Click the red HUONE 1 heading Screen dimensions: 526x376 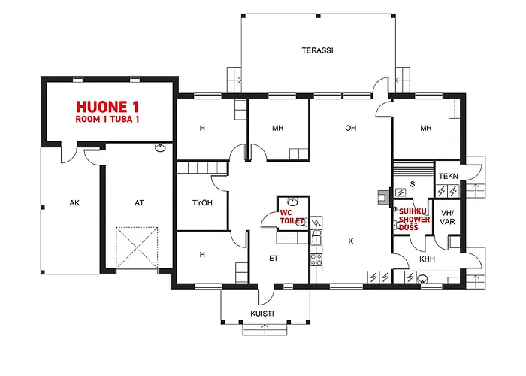pyautogui.click(x=107, y=107)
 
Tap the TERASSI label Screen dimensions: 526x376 pyautogui.click(x=317, y=50)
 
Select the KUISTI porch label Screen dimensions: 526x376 pyautogui.click(x=262, y=314)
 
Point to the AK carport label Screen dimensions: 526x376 pyautogui.click(x=74, y=203)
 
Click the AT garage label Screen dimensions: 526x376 pyautogui.click(x=139, y=203)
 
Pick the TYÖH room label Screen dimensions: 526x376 pyautogui.click(x=202, y=202)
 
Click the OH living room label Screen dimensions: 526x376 pyautogui.click(x=351, y=128)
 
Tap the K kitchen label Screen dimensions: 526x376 pyautogui.click(x=351, y=241)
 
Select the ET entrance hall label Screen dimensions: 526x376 pyautogui.click(x=274, y=258)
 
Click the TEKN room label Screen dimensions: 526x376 pyautogui.click(x=448, y=176)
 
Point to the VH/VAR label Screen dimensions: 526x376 pyautogui.click(x=447, y=217)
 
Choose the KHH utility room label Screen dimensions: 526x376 pyautogui.click(x=427, y=259)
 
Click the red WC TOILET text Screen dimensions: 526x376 pyautogui.click(x=292, y=217)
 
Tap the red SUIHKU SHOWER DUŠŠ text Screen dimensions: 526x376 pyautogui.click(x=414, y=220)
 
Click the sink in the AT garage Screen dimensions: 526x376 pyautogui.click(x=160, y=147)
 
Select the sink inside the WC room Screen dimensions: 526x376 pyautogui.click(x=292, y=202)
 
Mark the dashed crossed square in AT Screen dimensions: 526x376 pyautogui.click(x=137, y=248)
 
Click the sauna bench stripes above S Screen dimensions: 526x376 pyautogui.click(x=413, y=166)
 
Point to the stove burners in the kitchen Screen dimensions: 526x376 pyautogui.click(x=316, y=260)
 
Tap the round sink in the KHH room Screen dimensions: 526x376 pyautogui.click(x=422, y=279)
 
